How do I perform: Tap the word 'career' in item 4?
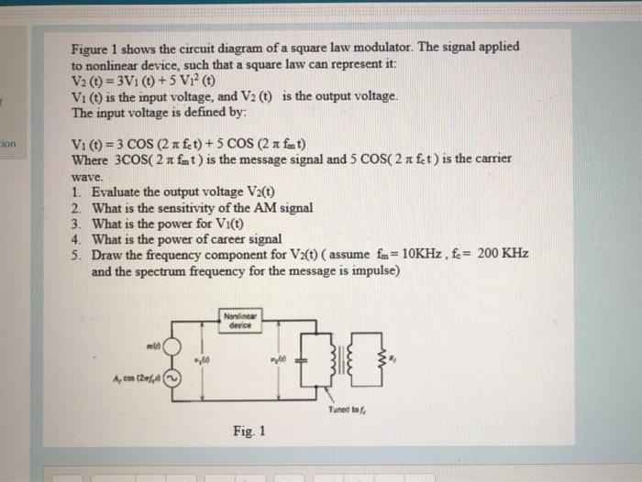[x=220, y=238]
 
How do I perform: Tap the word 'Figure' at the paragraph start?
[x=91, y=47]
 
